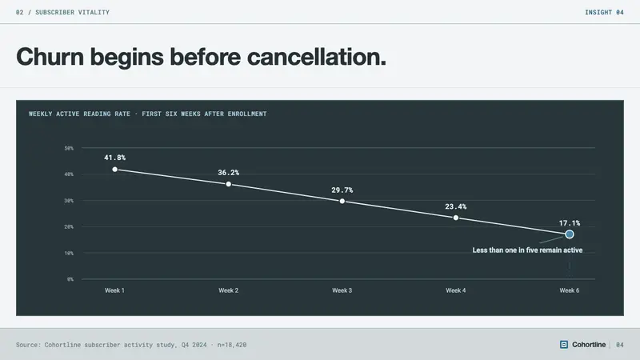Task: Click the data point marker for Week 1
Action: click(114, 170)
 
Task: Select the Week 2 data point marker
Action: click(229, 185)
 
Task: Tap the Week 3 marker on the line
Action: click(342, 202)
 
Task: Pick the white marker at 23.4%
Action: click(456, 218)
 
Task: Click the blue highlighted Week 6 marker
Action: click(570, 234)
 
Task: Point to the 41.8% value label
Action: click(114, 158)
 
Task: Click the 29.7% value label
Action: click(342, 190)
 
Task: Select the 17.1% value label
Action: click(570, 223)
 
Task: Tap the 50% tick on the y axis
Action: click(69, 148)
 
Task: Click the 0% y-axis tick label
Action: click(70, 279)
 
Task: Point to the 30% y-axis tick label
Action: click(69, 201)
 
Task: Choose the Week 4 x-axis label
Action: click(455, 290)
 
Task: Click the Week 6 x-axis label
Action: click(570, 290)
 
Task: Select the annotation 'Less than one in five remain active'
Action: click(527, 250)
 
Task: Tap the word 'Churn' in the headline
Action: click(50, 56)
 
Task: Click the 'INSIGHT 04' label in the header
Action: click(604, 12)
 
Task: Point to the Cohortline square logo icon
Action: click(564, 345)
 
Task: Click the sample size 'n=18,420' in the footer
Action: click(232, 345)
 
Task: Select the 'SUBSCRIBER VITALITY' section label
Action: click(72, 12)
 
